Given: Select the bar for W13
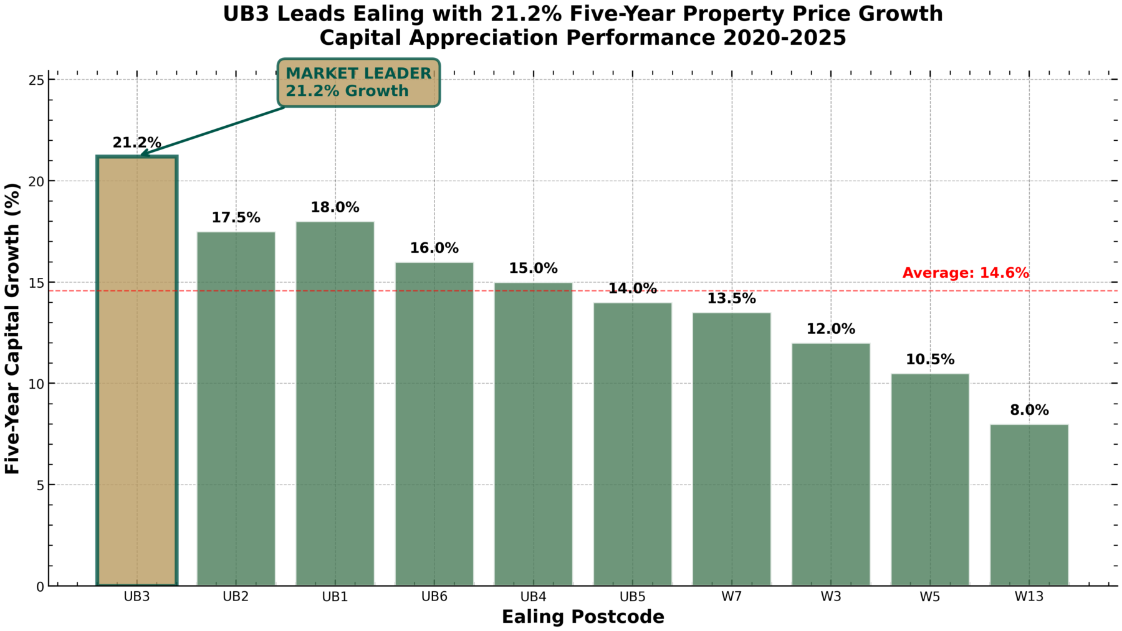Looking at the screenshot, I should tap(1028, 505).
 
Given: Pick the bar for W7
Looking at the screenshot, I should tap(731, 448).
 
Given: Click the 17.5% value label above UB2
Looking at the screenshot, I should tap(236, 218).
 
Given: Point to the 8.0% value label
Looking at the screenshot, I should tap(1029, 410).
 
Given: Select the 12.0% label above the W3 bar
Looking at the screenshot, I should tap(830, 329).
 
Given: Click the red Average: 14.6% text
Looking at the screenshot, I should tap(966, 273).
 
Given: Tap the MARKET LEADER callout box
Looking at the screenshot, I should tap(358, 82).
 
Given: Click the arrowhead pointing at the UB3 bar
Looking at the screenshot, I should tap(143, 153).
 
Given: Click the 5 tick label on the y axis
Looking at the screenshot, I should tap(41, 485).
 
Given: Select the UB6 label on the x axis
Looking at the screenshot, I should tap(434, 597).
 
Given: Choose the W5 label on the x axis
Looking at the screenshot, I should tap(929, 597).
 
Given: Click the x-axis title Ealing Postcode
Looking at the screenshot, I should tap(583, 617).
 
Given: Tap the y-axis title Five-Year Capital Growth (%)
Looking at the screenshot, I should tap(13, 328).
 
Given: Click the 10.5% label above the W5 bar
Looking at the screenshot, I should tap(929, 359).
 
